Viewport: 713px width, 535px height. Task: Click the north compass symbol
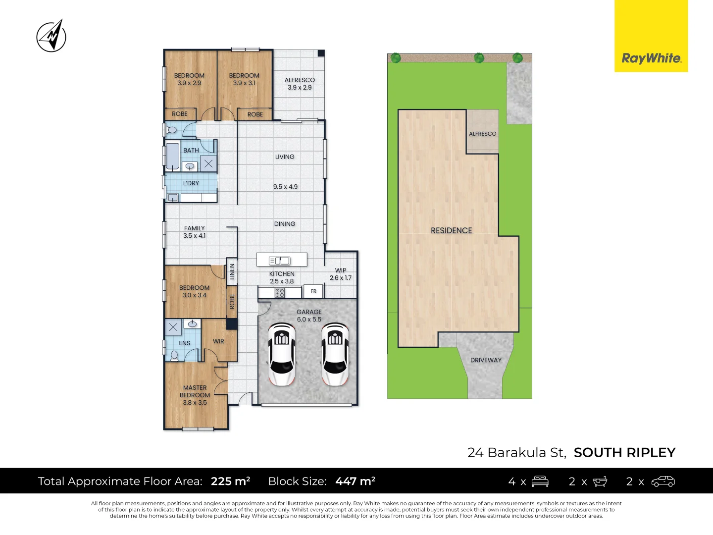[51, 36]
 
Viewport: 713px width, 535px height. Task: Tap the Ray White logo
[651, 58]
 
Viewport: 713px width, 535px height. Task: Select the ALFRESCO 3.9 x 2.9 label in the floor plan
[300, 84]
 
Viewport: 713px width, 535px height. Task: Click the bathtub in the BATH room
[172, 156]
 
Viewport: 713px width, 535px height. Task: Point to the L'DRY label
[191, 183]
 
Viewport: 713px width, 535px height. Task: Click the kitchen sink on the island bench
[280, 261]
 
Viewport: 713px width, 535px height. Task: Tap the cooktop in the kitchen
[280, 293]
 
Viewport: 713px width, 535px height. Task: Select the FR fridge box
[313, 291]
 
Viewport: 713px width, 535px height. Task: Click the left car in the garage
[282, 354]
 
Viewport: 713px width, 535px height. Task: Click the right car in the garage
[335, 354]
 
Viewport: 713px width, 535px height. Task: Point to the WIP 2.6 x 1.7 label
[341, 274]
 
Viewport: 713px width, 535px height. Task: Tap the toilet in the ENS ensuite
[174, 355]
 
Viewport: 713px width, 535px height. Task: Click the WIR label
[218, 341]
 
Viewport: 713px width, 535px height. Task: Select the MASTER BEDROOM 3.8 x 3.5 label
[195, 395]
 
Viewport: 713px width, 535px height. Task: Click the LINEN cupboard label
[232, 271]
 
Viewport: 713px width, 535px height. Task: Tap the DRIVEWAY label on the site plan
[486, 360]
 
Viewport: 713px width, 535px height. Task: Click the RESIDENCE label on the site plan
[452, 230]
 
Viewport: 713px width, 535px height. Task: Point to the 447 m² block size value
[355, 481]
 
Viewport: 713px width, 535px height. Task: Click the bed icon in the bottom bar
[540, 481]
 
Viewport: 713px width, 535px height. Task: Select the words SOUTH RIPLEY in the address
[624, 452]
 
